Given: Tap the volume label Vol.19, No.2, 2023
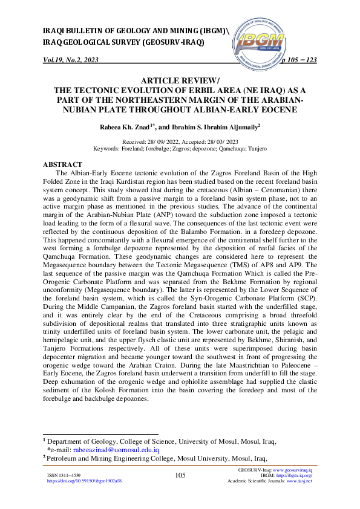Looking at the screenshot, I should (71, 60).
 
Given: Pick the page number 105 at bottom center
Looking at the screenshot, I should (180, 476).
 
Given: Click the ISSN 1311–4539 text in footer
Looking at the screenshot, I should (64, 476).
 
